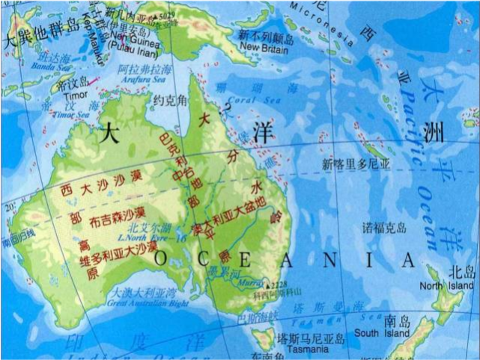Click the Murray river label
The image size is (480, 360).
[x=246, y=283]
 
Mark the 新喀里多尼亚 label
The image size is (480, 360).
[x=356, y=163]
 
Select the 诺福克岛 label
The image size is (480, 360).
[x=384, y=227]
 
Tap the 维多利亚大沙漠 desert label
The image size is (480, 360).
[x=120, y=252]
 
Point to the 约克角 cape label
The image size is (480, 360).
[x=167, y=100]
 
